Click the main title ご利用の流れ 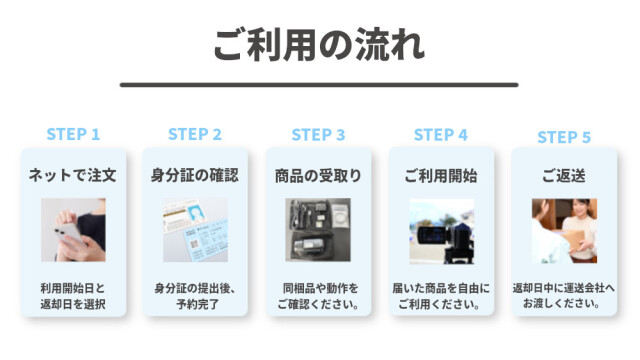click(319, 45)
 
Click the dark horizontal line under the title click(319, 85)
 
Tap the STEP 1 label click(73, 134)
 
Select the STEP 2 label click(195, 134)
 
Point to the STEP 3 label click(318, 135)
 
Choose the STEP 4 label click(441, 135)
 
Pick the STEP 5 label click(564, 137)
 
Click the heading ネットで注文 click(73, 175)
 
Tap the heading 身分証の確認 click(195, 175)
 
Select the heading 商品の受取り click(318, 176)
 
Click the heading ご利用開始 click(441, 176)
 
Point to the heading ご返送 click(564, 176)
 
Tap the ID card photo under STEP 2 click(196, 230)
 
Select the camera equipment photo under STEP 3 click(318, 230)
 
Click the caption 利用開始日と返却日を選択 click(73, 296)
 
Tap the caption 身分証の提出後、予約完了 click(195, 296)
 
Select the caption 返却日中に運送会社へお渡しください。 click(564, 296)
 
